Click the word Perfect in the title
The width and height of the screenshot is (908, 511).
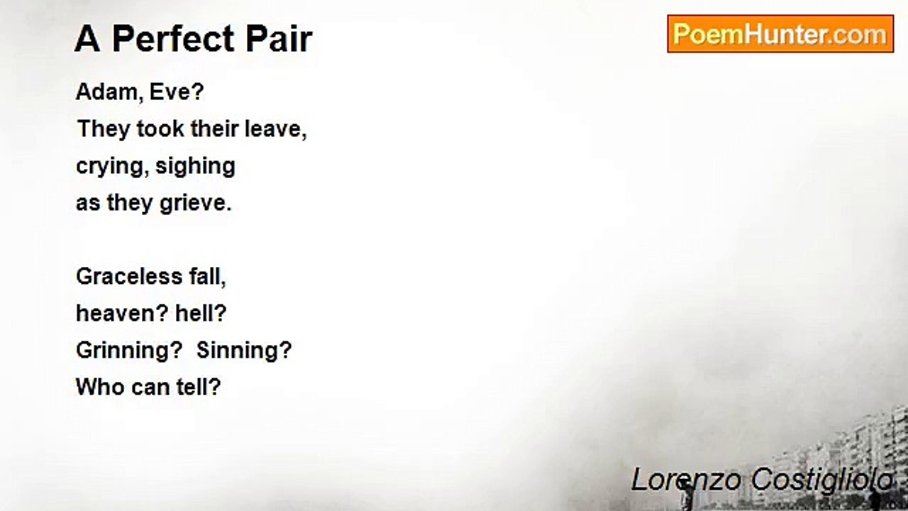(174, 39)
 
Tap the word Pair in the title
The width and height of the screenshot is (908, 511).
(279, 39)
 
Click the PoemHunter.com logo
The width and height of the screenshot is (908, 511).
(780, 34)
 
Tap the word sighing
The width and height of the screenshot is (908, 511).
(195, 167)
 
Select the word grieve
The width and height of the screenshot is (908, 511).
(195, 204)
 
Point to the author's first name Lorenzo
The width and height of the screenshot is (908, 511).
(687, 480)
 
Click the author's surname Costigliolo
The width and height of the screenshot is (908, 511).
(822, 481)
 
